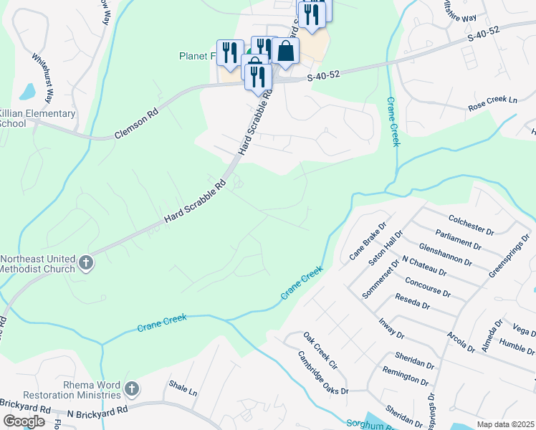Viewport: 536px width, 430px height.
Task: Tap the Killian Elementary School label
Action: point(37,118)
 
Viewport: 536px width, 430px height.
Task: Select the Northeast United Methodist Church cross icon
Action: point(86,262)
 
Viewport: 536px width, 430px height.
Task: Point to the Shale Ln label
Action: point(183,391)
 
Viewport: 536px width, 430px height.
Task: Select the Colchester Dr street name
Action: point(471,224)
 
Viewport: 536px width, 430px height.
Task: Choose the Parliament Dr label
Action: point(459,239)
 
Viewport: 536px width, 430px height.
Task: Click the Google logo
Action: point(24,421)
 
